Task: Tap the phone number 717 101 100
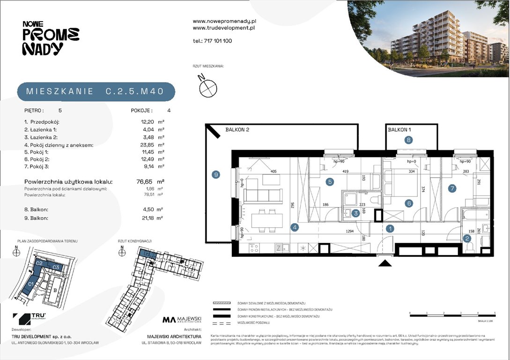(x=212, y=41)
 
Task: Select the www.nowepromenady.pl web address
(x=224, y=21)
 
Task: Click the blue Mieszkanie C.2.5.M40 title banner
(x=96, y=91)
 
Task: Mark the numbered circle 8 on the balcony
(x=409, y=140)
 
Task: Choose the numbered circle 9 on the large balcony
(x=215, y=175)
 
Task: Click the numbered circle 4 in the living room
(x=295, y=228)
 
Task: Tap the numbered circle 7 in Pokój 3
(x=452, y=189)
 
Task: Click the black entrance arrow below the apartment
(x=385, y=264)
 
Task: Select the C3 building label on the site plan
(x=55, y=267)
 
